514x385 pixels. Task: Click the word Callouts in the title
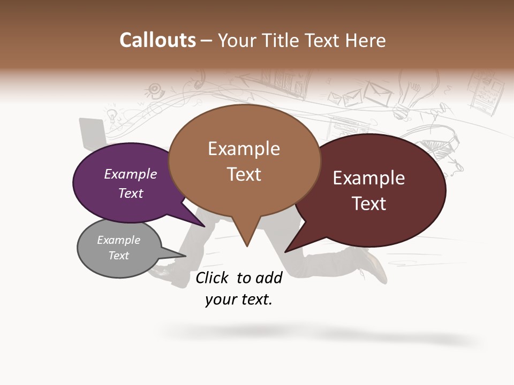[x=157, y=41]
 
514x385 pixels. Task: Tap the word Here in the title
[x=365, y=41]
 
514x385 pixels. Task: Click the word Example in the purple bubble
[x=131, y=174]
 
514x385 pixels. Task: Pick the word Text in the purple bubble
[x=131, y=194]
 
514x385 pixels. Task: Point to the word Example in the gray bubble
[x=119, y=240]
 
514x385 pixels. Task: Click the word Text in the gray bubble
[x=119, y=256]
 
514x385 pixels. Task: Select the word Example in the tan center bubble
[x=244, y=149]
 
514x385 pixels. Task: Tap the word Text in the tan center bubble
[x=244, y=174]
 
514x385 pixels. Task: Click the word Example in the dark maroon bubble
[x=369, y=178]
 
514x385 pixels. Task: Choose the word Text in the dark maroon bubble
[x=369, y=204]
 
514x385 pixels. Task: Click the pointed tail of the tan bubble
[x=247, y=243]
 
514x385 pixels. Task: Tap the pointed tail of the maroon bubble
[x=288, y=250]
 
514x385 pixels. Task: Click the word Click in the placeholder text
[x=212, y=278]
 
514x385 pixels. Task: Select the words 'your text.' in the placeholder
[x=239, y=300]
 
